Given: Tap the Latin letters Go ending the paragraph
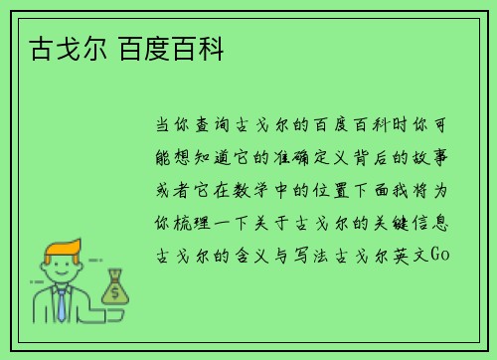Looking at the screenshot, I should point(443,255).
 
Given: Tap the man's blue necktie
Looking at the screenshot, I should point(62,304).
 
